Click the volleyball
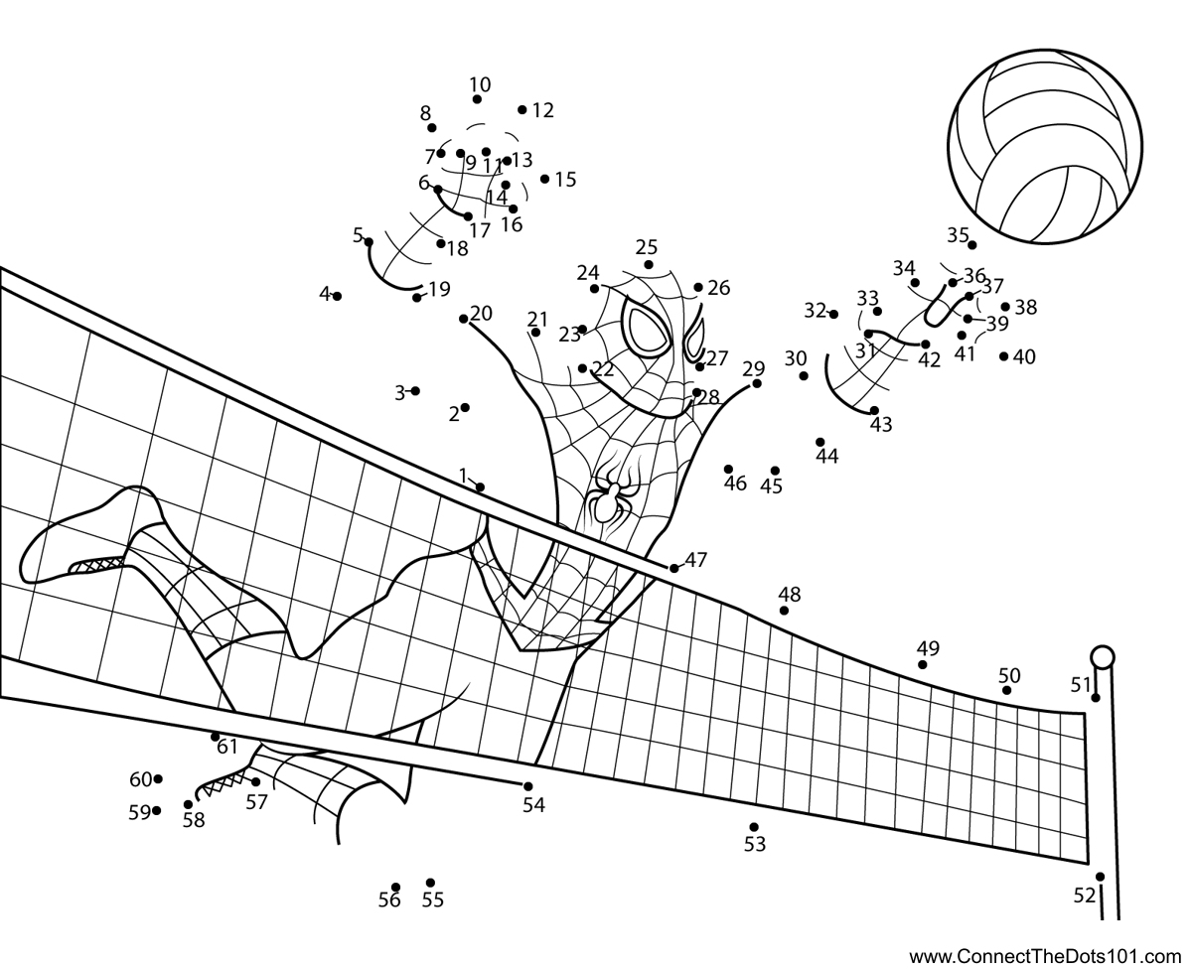[x=1044, y=147]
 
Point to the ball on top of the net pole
[x=1102, y=656]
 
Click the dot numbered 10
[x=477, y=99]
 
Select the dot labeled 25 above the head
[x=648, y=264]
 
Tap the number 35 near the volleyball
[x=958, y=235]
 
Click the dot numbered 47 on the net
[x=673, y=568]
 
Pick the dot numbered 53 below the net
[x=754, y=827]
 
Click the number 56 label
[x=389, y=901]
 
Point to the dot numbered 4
[x=337, y=296]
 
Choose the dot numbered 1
[x=480, y=487]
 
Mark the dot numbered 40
[x=1003, y=356]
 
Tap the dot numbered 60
[x=158, y=778]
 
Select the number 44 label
[x=826, y=457]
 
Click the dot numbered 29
[x=757, y=383]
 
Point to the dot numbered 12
[x=522, y=109]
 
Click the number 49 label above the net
[x=928, y=648]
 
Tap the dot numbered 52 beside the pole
[x=1100, y=877]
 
